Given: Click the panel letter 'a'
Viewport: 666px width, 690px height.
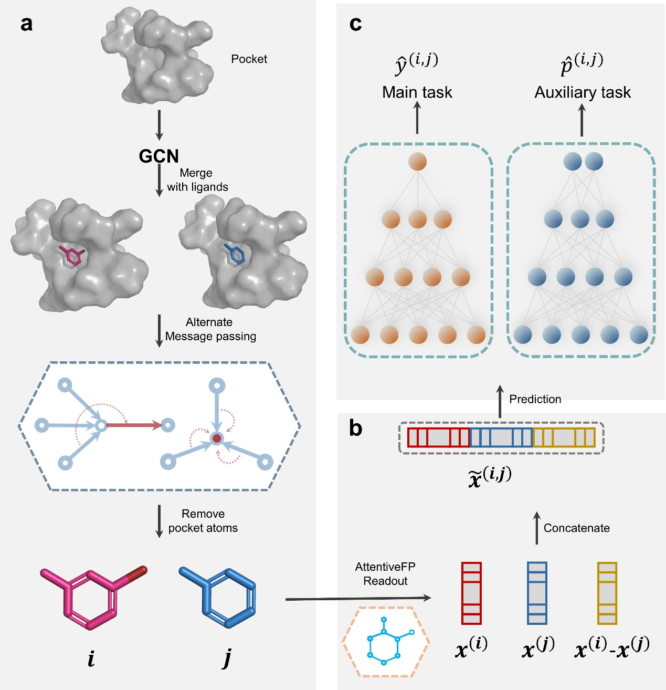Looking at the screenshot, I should click(x=26, y=24).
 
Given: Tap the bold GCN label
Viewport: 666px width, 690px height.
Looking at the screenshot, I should click(x=158, y=156).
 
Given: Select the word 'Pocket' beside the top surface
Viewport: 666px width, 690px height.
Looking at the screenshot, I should click(x=249, y=59).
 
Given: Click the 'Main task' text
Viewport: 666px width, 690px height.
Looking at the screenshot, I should click(x=417, y=92).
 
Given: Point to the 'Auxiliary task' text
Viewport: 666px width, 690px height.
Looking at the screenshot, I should click(x=583, y=92).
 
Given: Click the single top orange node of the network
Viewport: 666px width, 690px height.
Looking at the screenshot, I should click(x=417, y=161).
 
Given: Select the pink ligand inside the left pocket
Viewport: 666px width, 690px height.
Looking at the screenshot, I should click(x=72, y=256).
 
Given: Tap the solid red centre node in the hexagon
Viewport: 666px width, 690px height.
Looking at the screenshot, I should click(x=217, y=438).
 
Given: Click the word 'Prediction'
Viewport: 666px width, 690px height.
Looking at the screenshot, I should click(x=535, y=399).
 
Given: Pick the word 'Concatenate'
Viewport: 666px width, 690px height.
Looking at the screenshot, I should click(x=576, y=528).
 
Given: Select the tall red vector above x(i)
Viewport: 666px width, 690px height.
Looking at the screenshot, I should click(x=471, y=593).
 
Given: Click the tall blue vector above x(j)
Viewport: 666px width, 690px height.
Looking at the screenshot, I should click(x=537, y=593).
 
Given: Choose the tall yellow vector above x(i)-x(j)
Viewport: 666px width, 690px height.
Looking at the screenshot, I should click(x=607, y=593).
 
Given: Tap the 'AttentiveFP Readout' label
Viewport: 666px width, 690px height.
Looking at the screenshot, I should click(x=385, y=574).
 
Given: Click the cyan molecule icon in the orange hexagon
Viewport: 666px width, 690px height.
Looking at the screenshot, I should click(x=386, y=641).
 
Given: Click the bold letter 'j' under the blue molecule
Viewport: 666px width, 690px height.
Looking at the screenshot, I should click(x=227, y=658).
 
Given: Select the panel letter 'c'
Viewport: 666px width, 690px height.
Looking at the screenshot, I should click(x=355, y=24).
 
